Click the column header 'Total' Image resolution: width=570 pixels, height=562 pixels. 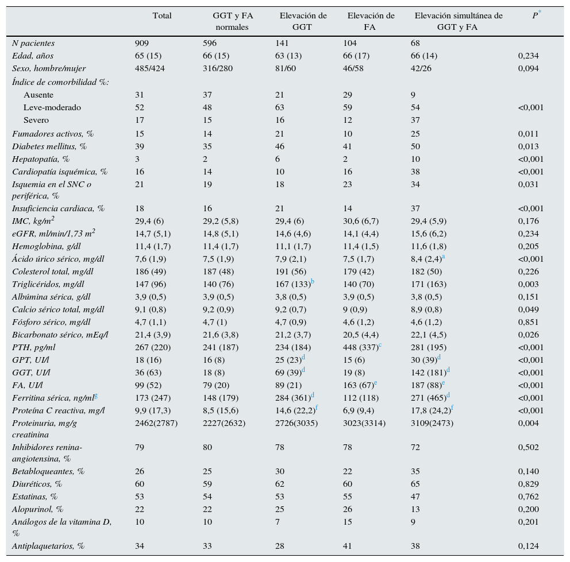162,16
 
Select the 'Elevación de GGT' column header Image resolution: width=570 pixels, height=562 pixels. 303,21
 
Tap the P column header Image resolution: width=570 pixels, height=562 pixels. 536,16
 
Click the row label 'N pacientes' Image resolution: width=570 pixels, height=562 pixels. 33,43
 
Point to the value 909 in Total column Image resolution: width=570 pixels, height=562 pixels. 142,43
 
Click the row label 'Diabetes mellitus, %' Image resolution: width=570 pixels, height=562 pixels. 49,146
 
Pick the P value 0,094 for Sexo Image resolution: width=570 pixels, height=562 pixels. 529,68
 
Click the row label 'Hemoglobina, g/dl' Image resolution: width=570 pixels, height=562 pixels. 46,246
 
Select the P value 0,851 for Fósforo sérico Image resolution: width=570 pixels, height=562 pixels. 529,322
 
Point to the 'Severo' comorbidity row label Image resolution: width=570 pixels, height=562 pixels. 36,120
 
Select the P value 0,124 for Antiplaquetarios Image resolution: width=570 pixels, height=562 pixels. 529,546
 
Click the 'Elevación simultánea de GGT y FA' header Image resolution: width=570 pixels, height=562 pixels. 459,21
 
